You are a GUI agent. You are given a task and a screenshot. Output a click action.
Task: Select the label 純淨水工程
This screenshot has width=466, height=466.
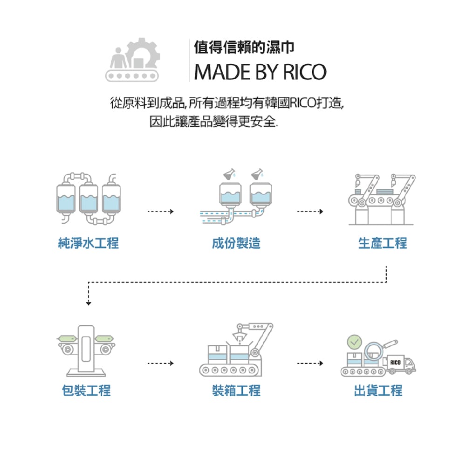point(89,243)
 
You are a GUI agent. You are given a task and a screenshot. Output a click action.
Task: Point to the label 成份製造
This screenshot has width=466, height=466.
point(236,243)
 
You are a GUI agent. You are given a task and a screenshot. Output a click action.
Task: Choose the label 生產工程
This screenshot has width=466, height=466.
point(383,243)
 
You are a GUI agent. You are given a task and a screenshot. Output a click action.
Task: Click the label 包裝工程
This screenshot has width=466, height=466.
point(87,390)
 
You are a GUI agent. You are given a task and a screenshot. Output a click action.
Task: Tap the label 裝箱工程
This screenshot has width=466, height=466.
point(236,390)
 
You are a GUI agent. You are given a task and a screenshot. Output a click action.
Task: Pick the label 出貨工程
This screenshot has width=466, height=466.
point(378,390)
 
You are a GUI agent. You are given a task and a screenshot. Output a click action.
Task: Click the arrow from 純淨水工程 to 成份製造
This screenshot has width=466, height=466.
point(160,212)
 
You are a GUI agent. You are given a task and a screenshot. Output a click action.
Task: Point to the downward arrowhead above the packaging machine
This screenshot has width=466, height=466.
point(88,303)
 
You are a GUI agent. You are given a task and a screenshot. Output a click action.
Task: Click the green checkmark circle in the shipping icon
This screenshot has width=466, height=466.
point(354,343)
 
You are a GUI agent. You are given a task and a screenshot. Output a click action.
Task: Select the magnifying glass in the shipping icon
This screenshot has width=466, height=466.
point(376,350)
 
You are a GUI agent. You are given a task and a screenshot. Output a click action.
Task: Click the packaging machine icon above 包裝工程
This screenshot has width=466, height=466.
point(87,350)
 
